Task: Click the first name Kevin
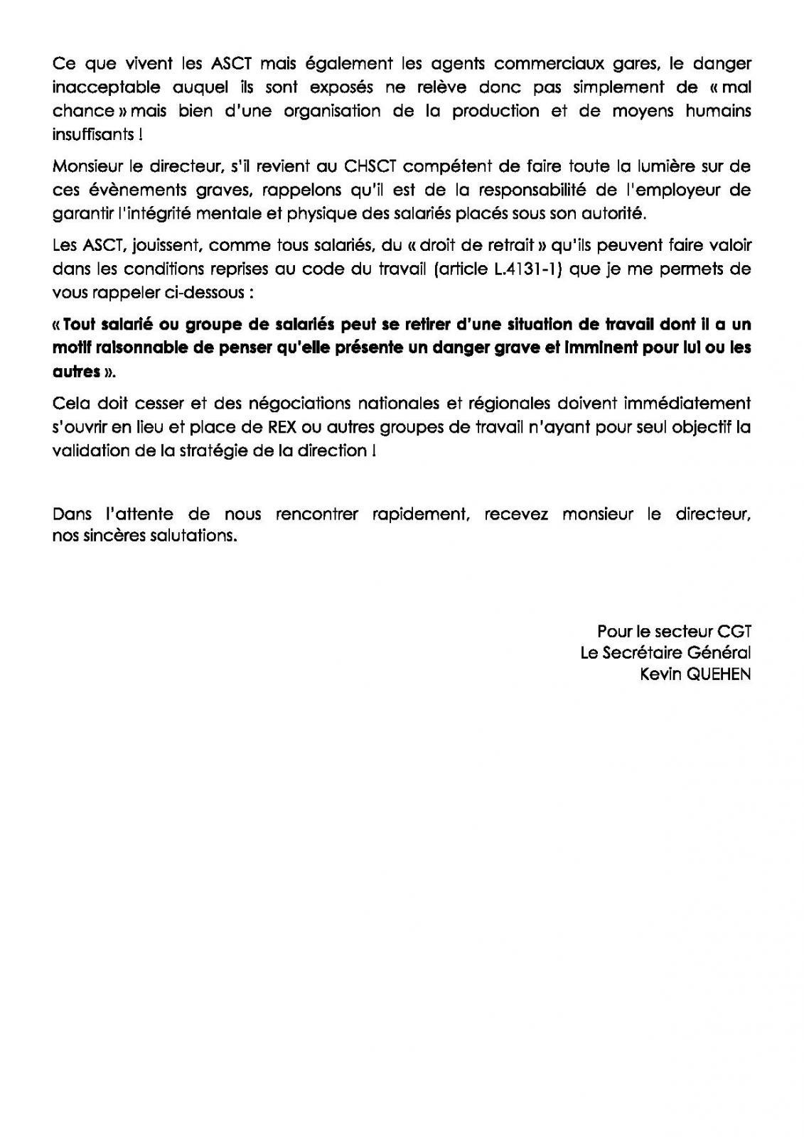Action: [x=660, y=674]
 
